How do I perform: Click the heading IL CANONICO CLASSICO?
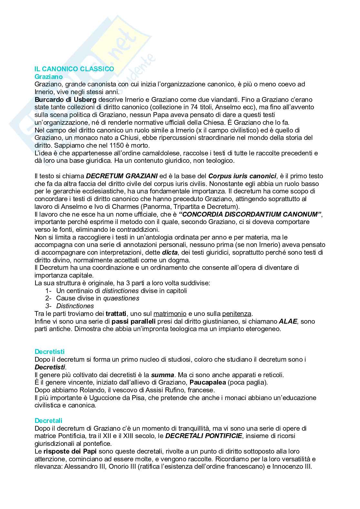point(74,69)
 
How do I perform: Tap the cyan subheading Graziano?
point(48,77)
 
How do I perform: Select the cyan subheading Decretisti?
point(50,352)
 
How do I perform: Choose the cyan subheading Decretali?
point(48,421)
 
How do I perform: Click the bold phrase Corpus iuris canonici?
point(242,176)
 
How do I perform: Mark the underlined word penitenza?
point(237,314)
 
